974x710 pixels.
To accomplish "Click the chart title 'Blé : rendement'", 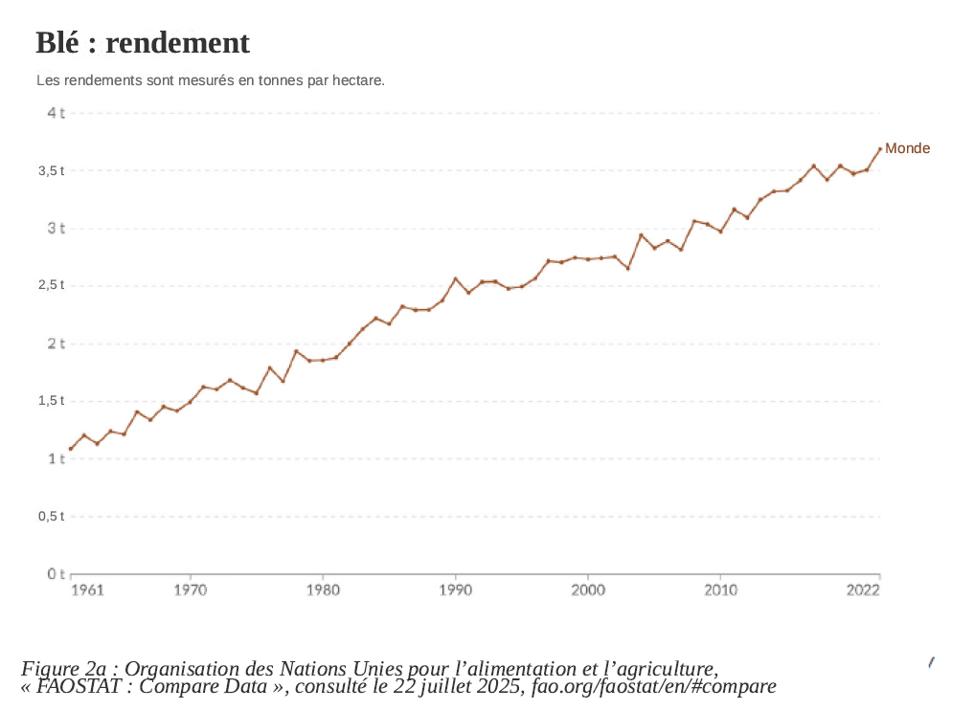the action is [x=143, y=43].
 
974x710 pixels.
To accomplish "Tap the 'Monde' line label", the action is [x=907, y=148].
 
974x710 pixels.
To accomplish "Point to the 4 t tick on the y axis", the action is [x=56, y=113].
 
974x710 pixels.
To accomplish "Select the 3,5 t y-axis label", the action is [x=52, y=170].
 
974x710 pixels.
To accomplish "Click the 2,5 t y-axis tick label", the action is [x=52, y=285].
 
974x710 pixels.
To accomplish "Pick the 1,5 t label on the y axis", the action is [x=52, y=401].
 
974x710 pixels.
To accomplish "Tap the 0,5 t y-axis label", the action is [x=52, y=517].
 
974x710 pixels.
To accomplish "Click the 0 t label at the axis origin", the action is [x=56, y=574].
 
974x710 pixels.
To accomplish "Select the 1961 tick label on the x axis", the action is [x=87, y=589].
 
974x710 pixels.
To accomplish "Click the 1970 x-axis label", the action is [x=190, y=589].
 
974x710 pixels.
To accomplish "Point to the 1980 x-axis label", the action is [x=323, y=589].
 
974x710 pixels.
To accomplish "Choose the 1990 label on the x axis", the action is [x=455, y=589].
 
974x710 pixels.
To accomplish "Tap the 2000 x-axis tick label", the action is [x=588, y=589].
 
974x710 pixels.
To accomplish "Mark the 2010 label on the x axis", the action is [x=720, y=589].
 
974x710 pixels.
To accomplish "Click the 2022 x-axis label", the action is [x=864, y=589].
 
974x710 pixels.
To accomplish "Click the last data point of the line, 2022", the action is [x=880, y=149].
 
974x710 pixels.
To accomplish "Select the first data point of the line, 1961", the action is [x=71, y=449].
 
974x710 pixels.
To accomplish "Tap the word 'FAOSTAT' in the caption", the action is [x=83, y=686].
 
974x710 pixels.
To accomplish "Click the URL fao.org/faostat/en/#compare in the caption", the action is [x=653, y=686].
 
